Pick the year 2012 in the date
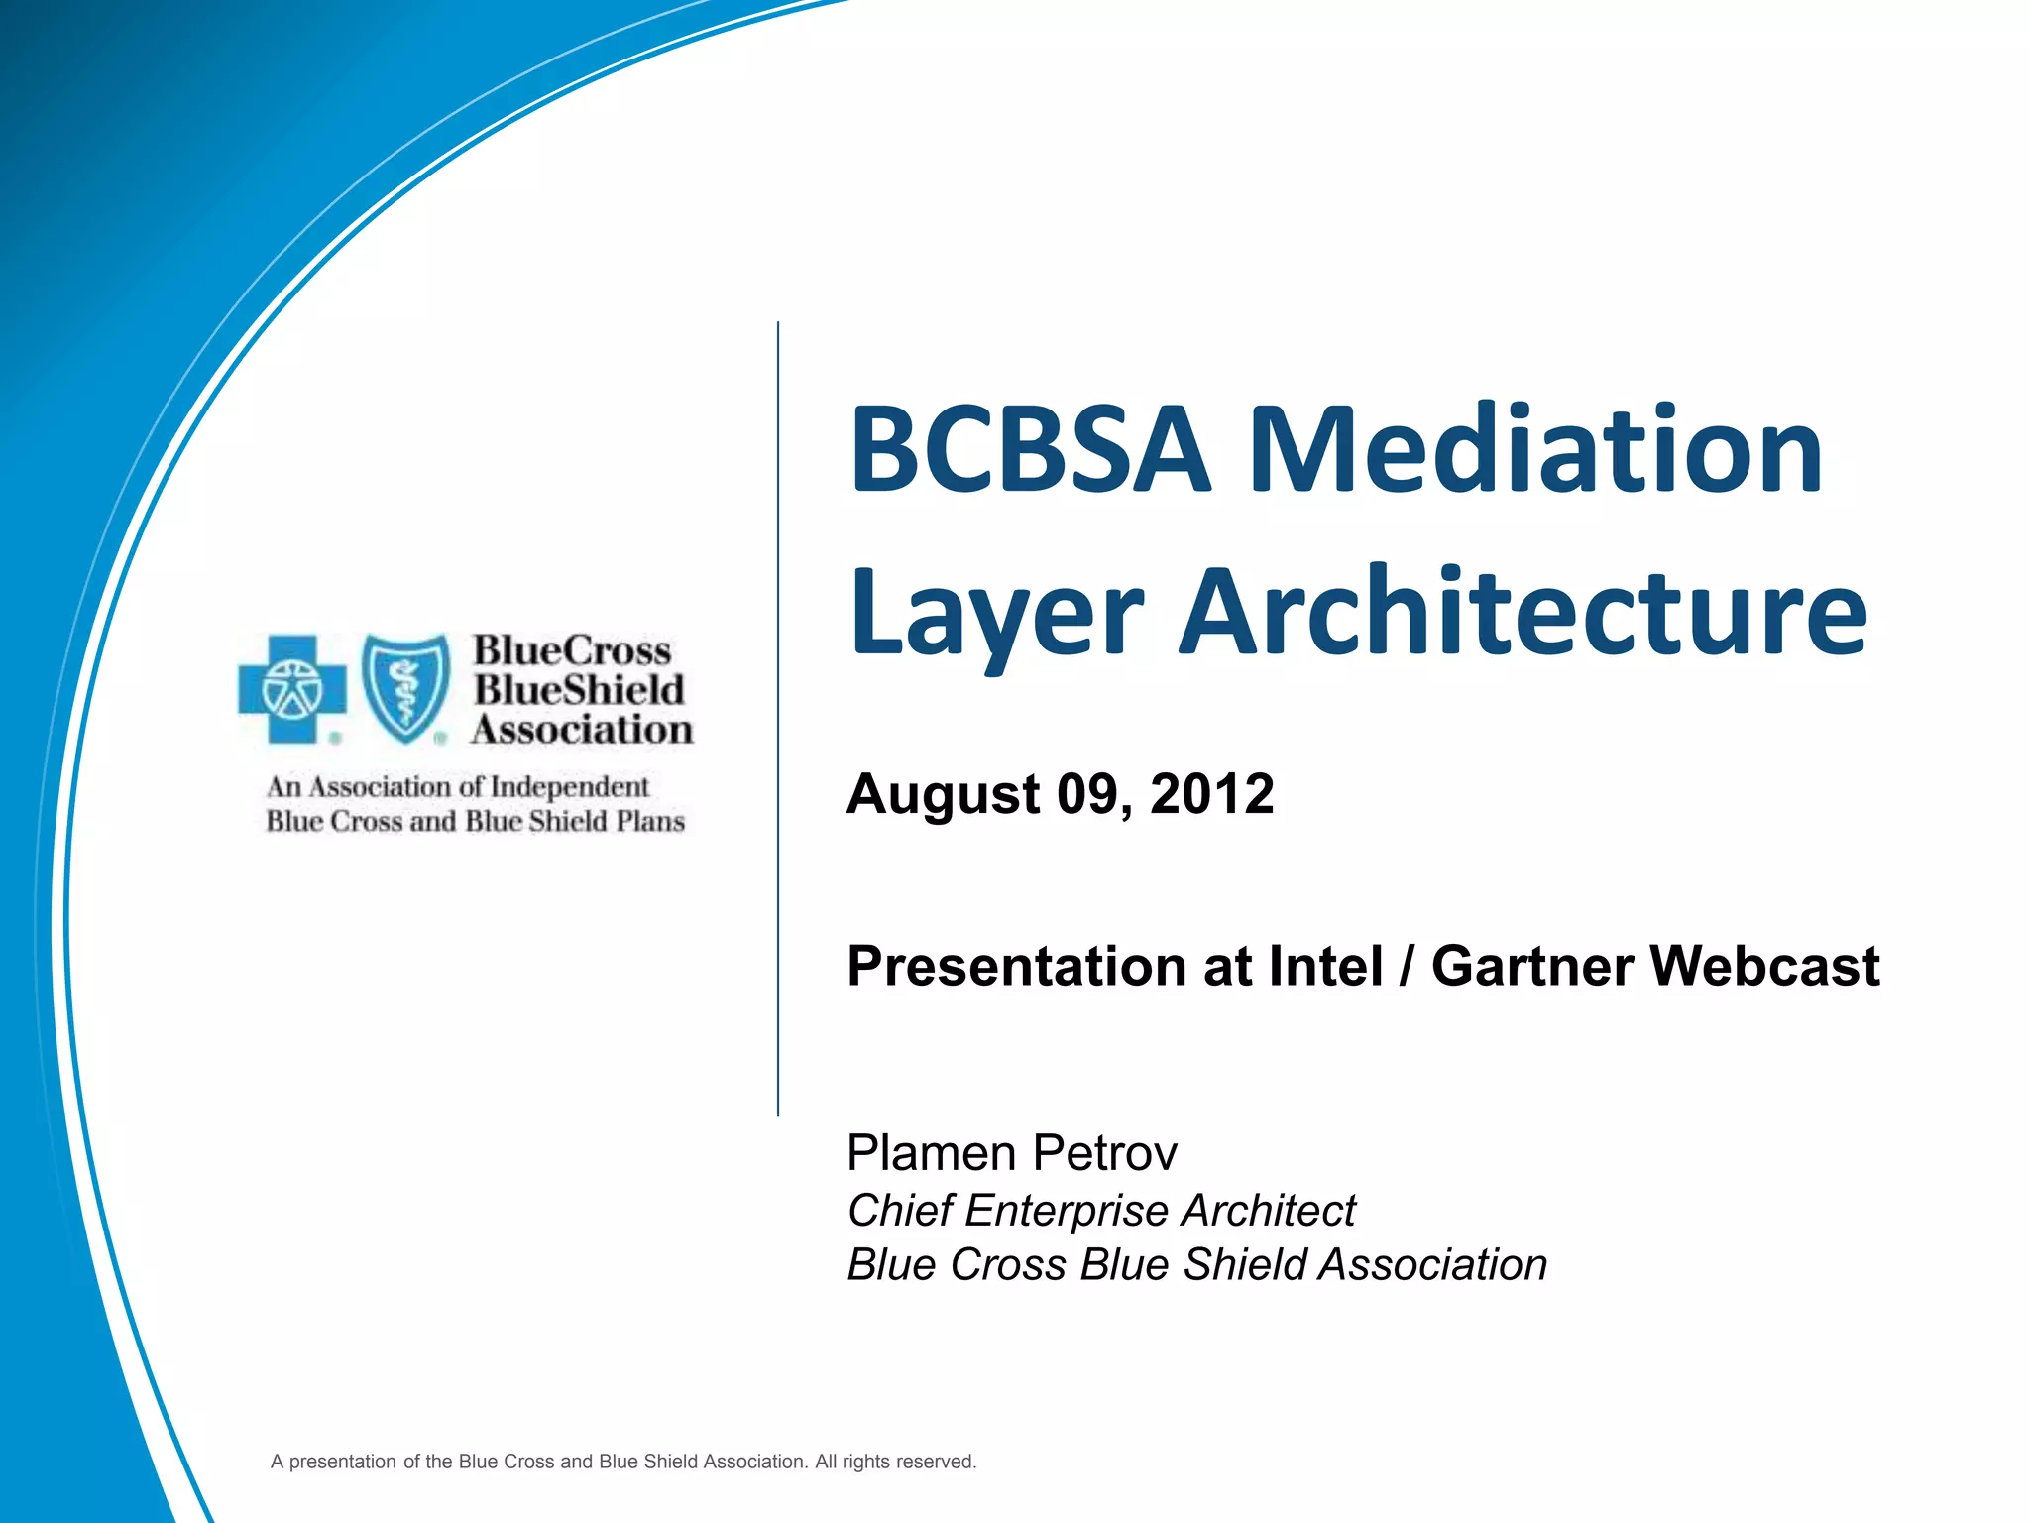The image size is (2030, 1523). tap(1211, 794)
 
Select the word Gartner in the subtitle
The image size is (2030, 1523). tap(1531, 966)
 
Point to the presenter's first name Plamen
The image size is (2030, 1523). tap(931, 1153)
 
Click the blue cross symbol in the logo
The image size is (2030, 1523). tap(291, 688)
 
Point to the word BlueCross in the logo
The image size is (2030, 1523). tap(572, 650)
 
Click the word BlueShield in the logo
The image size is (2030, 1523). tap(579, 690)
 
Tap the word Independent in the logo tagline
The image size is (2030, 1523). tap(569, 787)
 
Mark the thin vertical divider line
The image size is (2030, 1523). tap(778, 719)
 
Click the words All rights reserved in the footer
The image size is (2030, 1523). tap(895, 1462)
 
